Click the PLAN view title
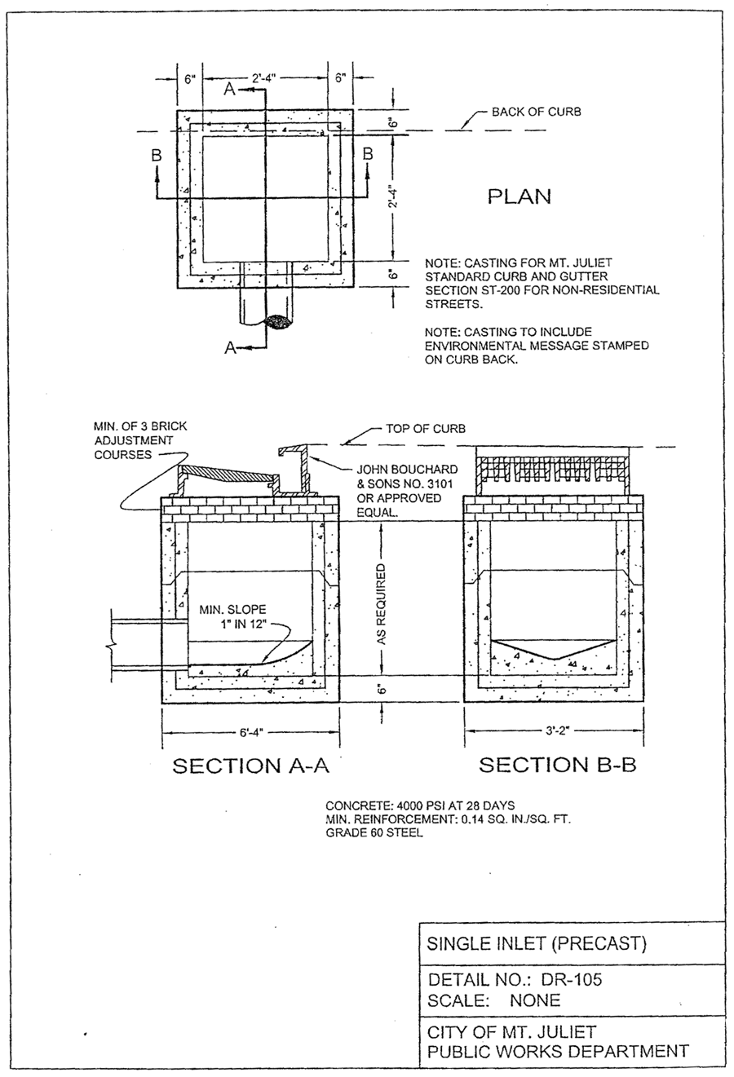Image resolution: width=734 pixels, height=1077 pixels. click(520, 196)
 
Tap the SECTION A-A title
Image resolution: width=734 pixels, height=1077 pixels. click(250, 766)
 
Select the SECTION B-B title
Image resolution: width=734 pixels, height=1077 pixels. click(558, 765)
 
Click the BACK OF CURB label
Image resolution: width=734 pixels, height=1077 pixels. click(537, 112)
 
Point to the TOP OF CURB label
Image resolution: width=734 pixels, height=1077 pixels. click(426, 428)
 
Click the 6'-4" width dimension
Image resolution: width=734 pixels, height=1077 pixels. click(252, 733)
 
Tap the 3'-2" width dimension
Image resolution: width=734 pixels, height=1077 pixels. click(558, 731)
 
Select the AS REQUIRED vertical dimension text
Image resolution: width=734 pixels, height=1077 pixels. click(382, 605)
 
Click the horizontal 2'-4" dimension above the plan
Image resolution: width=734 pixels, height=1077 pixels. click(263, 78)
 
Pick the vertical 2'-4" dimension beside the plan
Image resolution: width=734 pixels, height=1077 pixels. click(393, 197)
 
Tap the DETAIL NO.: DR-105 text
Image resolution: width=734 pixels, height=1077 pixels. click(515, 980)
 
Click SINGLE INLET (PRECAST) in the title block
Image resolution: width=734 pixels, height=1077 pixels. click(537, 943)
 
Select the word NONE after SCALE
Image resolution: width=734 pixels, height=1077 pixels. click(535, 1000)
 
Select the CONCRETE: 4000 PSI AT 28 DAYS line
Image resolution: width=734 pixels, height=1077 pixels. click(420, 806)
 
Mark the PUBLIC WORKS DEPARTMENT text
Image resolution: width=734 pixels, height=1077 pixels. click(559, 1051)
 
